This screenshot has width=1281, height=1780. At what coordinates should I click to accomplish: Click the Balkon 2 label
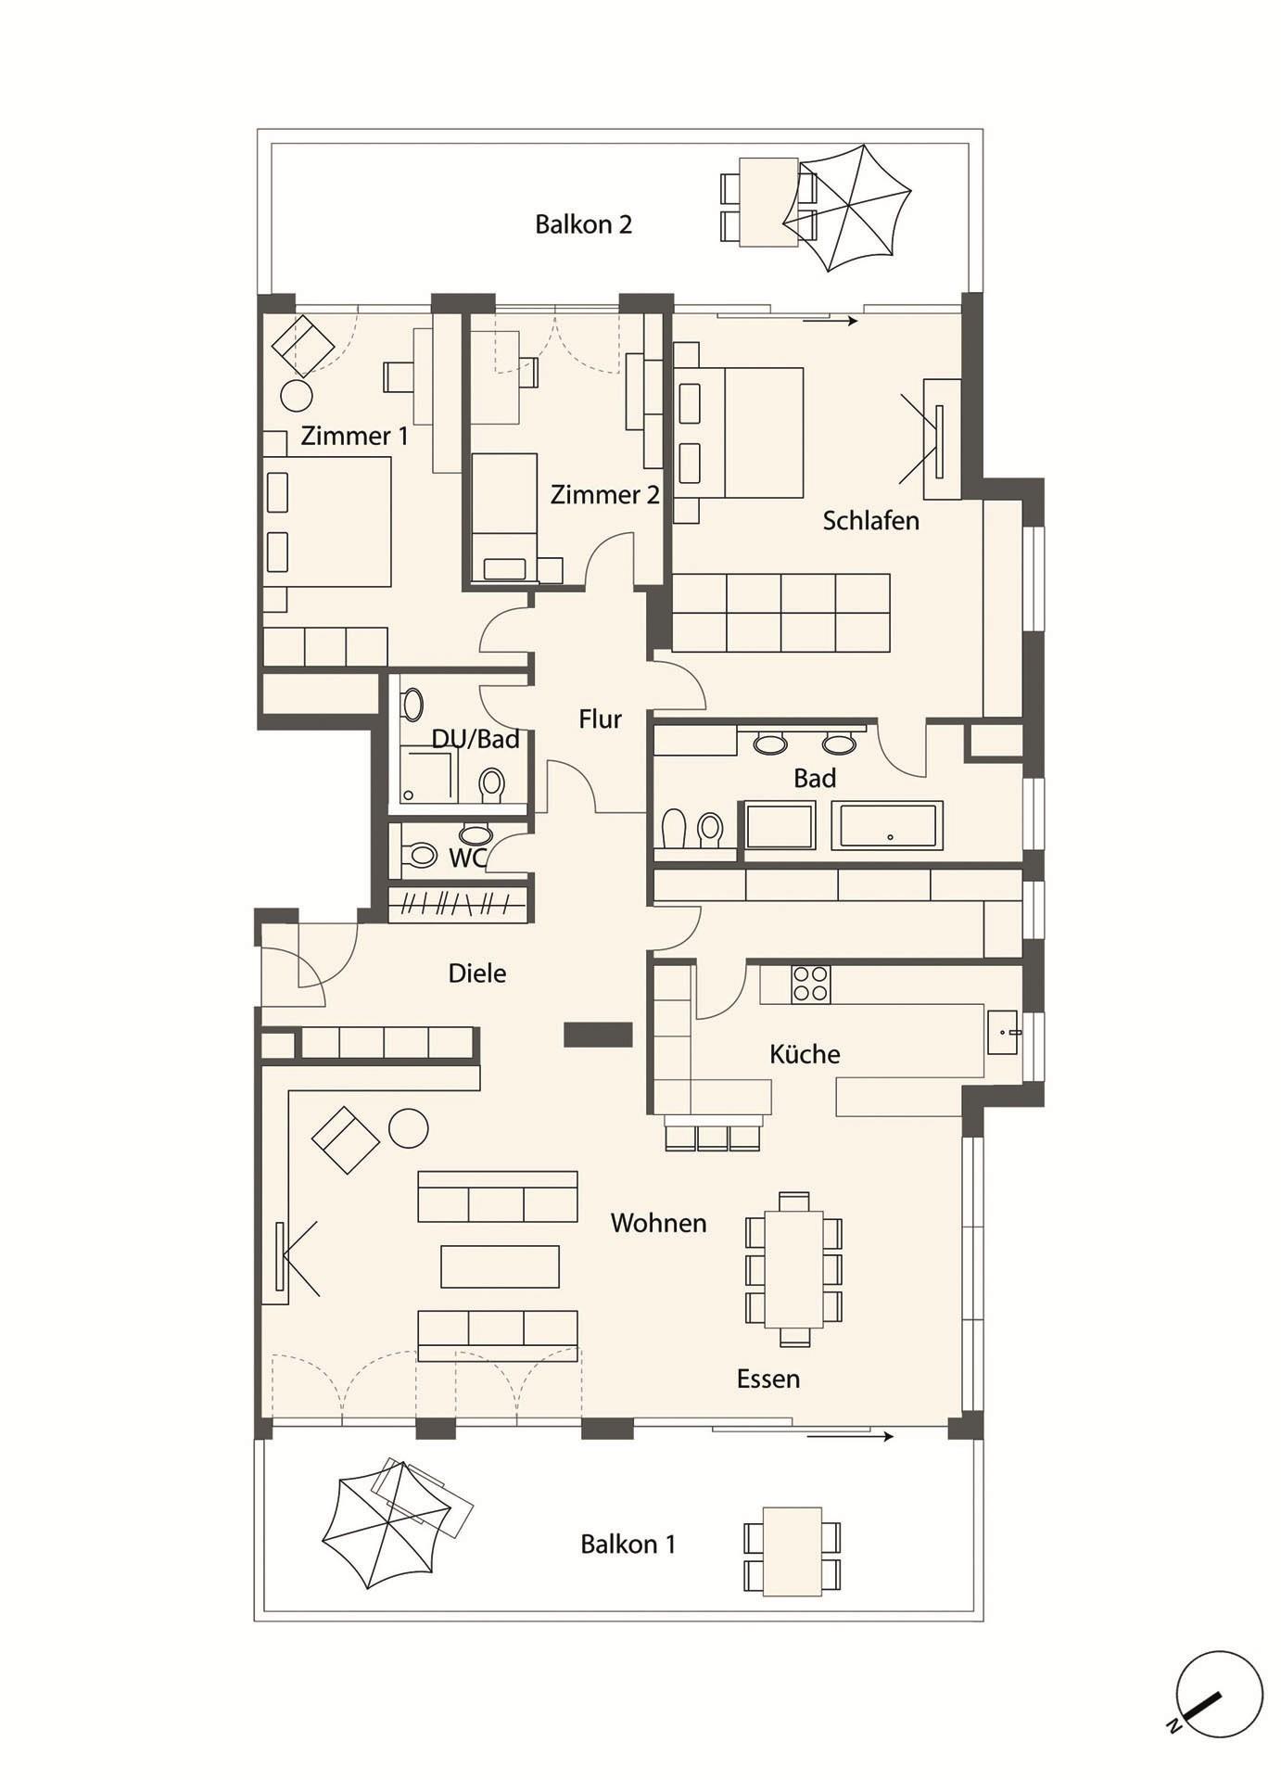(x=583, y=224)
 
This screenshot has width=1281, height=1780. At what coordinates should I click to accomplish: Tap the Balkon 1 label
(x=628, y=1545)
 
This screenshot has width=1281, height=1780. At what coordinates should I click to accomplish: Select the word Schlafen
(x=870, y=521)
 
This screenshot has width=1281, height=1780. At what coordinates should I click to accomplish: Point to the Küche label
(x=805, y=1054)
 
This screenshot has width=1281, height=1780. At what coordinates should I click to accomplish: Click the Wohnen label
(x=658, y=1224)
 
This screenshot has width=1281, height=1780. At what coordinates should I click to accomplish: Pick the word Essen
(x=767, y=1379)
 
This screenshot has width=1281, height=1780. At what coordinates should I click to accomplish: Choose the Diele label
(x=477, y=973)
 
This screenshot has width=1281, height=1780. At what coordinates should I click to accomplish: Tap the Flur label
(x=600, y=719)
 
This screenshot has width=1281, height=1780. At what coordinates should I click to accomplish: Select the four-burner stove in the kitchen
(x=811, y=984)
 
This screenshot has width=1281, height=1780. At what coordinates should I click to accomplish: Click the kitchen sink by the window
(x=1003, y=1032)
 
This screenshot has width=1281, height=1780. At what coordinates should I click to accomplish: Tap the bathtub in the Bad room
(x=887, y=825)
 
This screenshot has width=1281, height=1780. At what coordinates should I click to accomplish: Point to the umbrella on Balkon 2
(x=847, y=208)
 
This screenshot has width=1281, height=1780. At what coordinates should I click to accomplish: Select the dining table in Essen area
(x=793, y=1269)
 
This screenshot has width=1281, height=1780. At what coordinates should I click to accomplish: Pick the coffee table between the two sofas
(x=500, y=1266)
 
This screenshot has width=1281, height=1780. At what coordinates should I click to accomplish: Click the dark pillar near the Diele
(x=598, y=1035)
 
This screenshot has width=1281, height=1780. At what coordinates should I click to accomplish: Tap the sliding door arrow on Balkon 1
(x=850, y=1437)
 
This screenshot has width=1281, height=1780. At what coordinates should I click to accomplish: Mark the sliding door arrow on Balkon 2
(x=830, y=322)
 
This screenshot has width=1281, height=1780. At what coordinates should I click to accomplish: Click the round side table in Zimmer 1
(x=297, y=395)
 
